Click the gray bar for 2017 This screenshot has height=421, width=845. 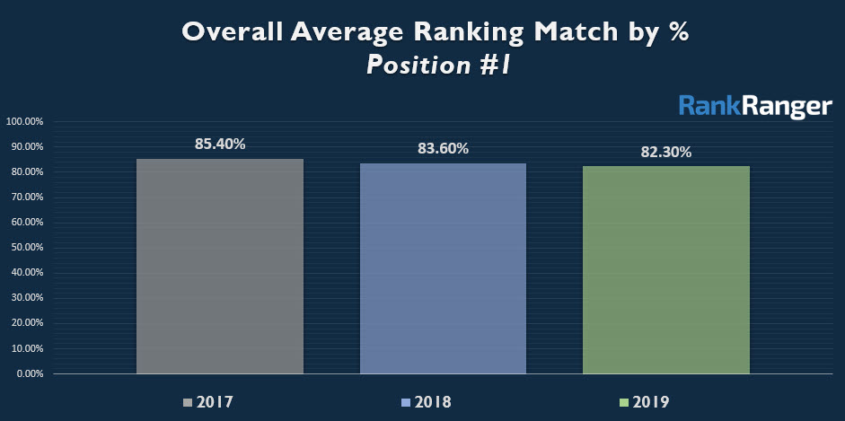[220, 266]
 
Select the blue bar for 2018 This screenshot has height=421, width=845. [443, 268]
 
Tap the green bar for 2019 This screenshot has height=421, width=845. [665, 269]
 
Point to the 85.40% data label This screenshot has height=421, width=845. [220, 143]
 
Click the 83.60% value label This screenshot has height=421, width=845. [443, 149]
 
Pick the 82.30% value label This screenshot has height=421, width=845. [665, 152]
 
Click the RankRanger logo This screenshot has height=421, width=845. [755, 107]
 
